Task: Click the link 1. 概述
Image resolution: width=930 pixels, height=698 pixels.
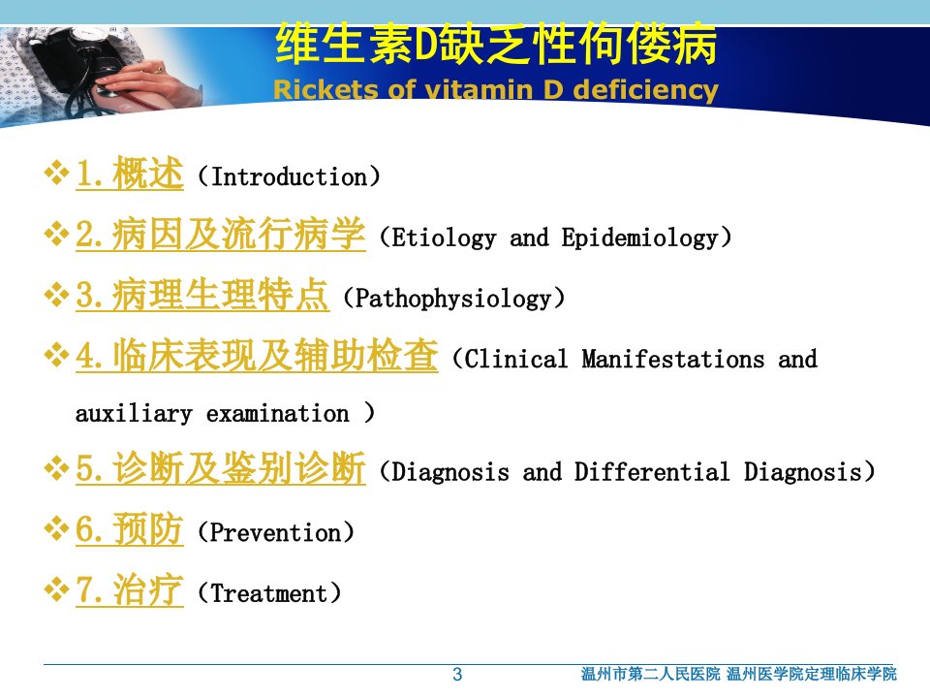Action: coord(129,174)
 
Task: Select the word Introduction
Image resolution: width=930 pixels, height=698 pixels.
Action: coord(289,176)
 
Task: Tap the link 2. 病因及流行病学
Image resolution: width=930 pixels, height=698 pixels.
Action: coord(221,234)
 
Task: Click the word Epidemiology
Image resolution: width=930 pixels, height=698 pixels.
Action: coord(640,238)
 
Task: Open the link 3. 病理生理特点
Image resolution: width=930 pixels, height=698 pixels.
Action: coord(201,295)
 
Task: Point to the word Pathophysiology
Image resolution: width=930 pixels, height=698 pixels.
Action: coord(453,298)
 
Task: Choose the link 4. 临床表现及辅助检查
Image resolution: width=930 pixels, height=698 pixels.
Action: coord(257,355)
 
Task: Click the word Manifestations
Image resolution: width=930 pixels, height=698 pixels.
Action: coord(672,359)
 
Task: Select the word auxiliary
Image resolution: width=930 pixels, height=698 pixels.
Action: coord(134,413)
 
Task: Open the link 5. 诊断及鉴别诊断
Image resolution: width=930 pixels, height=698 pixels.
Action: coord(221,467)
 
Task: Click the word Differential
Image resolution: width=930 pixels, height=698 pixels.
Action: coord(652,472)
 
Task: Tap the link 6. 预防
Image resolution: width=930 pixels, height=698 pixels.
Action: coord(129,528)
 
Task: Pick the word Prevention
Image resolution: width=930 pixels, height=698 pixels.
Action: coord(276,532)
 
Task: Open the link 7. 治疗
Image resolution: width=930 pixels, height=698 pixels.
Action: coord(129,589)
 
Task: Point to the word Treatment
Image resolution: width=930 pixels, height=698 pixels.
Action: coord(269,593)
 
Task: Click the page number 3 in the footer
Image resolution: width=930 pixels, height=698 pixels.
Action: coord(457,675)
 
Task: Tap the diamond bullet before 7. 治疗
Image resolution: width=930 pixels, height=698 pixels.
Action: coord(56,589)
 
